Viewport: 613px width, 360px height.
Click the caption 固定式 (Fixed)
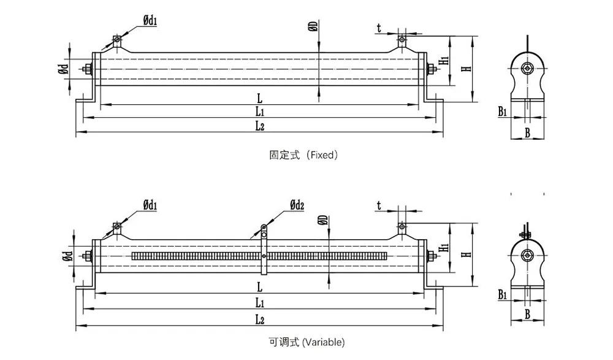coord(303,156)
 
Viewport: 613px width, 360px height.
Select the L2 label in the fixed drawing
coord(259,126)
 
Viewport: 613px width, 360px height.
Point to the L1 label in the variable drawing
coord(259,302)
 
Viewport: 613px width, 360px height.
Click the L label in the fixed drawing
coord(259,98)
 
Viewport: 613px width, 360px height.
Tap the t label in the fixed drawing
coord(379,27)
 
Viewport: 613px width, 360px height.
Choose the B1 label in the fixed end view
coord(503,112)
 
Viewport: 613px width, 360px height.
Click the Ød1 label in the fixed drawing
coord(150,21)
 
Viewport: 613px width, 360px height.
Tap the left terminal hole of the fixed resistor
coord(116,41)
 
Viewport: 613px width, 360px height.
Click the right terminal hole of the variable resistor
coord(402,229)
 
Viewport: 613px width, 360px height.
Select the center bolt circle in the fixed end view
coord(527,68)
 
